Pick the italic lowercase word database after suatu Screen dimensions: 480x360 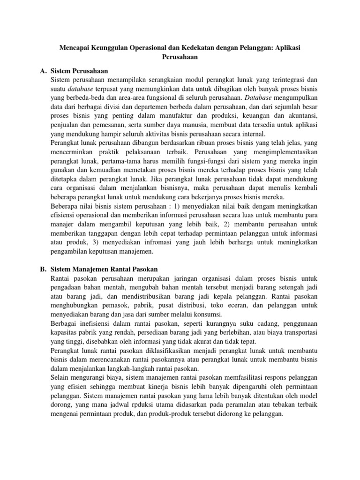83,89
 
